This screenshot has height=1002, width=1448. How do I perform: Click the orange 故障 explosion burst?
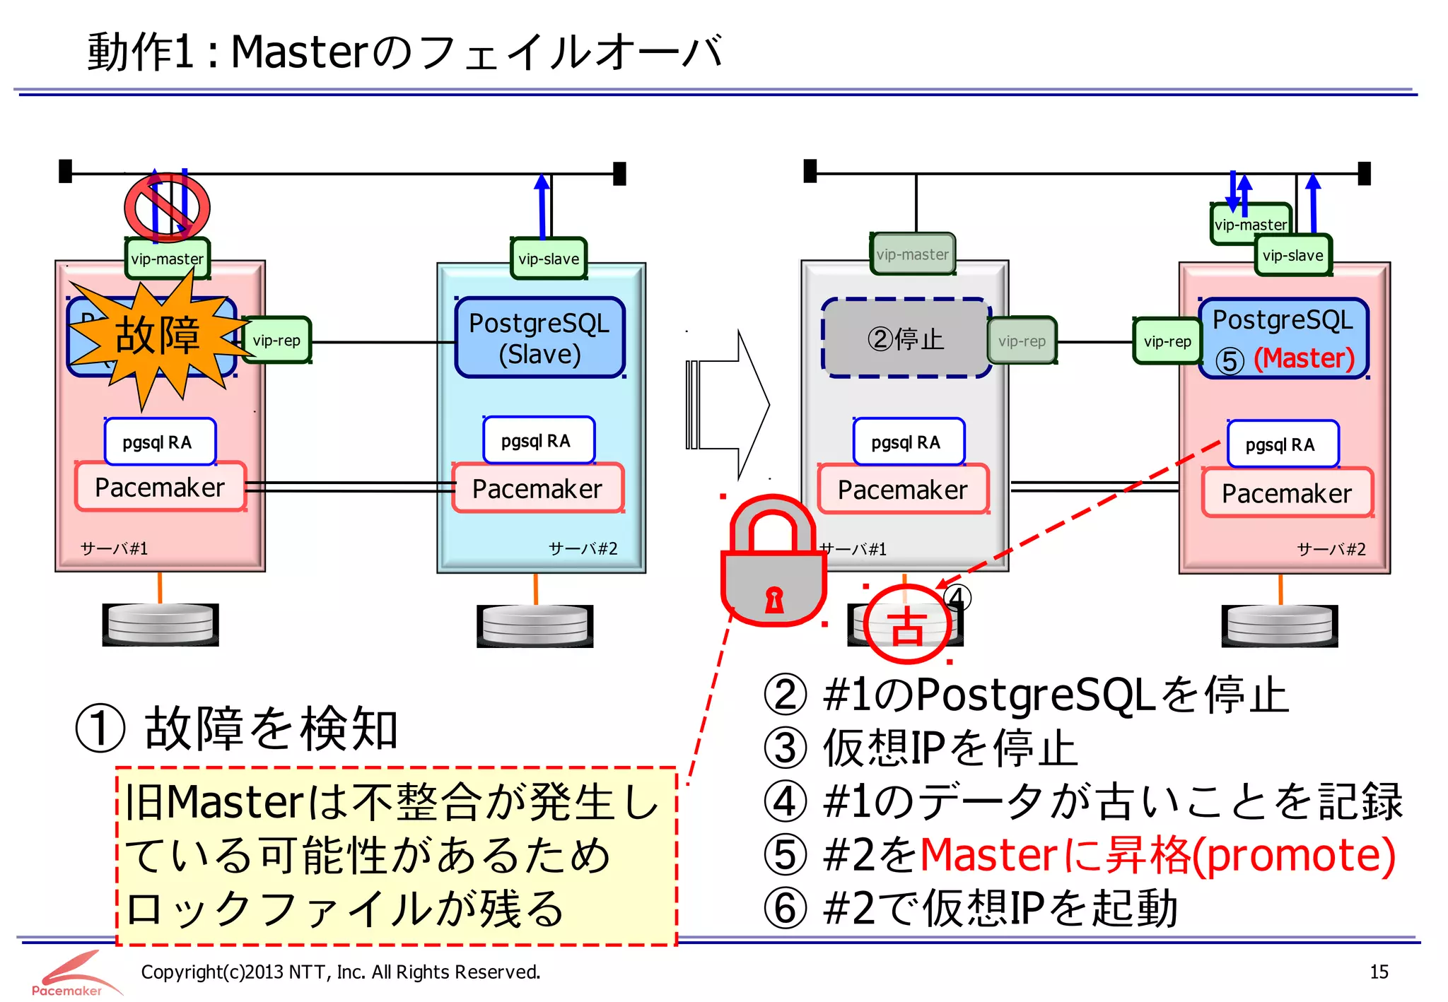click(x=157, y=336)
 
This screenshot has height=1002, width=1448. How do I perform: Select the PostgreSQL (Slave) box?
click(x=539, y=338)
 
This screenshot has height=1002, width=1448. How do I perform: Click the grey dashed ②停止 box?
click(x=906, y=338)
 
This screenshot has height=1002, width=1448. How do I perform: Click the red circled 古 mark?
click(x=907, y=625)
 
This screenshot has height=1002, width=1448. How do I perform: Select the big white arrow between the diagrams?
click(x=728, y=405)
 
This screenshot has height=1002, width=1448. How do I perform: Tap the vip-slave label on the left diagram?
click(x=549, y=259)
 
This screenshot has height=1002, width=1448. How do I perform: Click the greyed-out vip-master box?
click(x=912, y=254)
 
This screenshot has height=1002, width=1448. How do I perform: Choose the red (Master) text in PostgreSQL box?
click(x=1304, y=358)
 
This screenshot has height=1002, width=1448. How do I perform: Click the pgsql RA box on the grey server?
click(x=906, y=442)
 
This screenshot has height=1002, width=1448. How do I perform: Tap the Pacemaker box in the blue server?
click(x=537, y=489)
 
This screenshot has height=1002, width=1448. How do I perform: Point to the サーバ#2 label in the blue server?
click(x=583, y=549)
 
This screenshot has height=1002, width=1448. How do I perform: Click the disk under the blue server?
click(x=535, y=625)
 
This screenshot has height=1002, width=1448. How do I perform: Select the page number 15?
click(x=1379, y=972)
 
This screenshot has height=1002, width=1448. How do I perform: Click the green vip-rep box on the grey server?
click(x=1022, y=341)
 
